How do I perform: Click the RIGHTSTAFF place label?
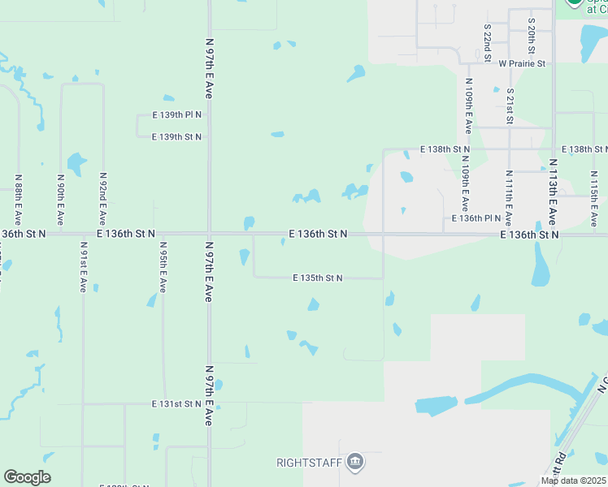click(x=310, y=463)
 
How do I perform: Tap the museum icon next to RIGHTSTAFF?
click(x=354, y=463)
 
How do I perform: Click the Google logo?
click(x=27, y=477)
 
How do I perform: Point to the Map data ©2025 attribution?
click(x=573, y=481)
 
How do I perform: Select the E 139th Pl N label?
click(x=176, y=116)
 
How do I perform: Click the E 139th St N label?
click(x=176, y=137)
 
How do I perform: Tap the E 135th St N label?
click(x=317, y=278)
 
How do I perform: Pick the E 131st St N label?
click(x=176, y=403)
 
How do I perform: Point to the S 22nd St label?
click(x=487, y=42)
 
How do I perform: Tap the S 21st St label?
click(x=510, y=107)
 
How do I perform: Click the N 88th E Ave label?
click(x=18, y=200)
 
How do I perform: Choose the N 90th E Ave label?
click(x=60, y=200)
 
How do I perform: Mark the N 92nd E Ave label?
click(x=102, y=198)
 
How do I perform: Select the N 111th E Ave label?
click(x=509, y=198)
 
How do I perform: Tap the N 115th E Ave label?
click(x=594, y=200)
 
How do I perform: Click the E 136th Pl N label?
click(x=477, y=218)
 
